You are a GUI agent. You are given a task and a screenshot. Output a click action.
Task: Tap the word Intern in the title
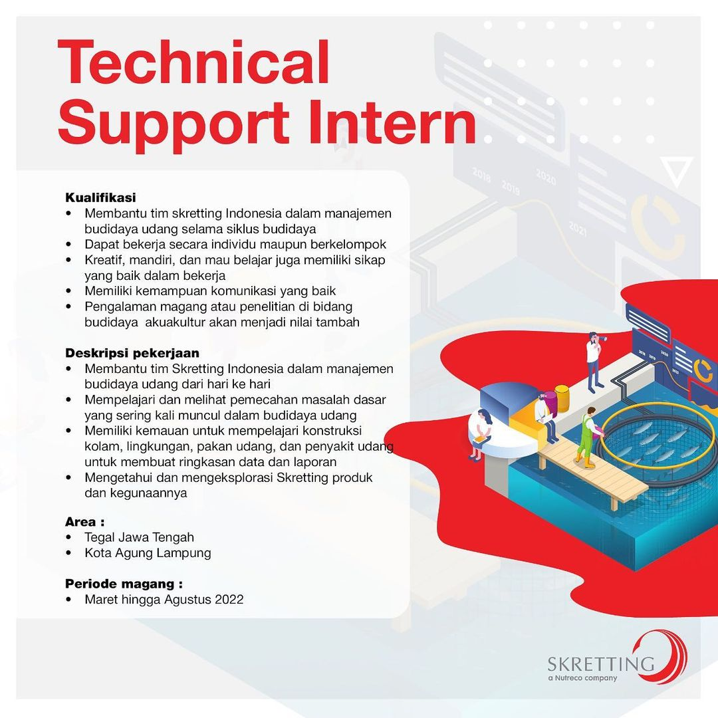pos(392,122)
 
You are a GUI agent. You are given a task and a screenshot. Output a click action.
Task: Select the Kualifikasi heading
pos(101,197)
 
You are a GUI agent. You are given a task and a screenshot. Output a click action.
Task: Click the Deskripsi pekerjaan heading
pos(132,353)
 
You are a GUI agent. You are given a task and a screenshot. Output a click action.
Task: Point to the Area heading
pos(84,522)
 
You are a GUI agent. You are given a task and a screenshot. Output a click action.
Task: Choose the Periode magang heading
pos(124,584)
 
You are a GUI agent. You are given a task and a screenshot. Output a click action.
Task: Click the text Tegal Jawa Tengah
pos(139,537)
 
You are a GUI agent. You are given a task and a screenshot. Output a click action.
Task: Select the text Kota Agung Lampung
pos(148,552)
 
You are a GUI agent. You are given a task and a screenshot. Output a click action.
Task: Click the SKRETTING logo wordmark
pos(601,663)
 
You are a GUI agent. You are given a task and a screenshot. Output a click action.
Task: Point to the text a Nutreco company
pos(582,678)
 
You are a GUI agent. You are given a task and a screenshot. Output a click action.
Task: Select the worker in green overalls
pos(587,437)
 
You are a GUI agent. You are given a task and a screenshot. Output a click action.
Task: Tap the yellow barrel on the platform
pos(562,398)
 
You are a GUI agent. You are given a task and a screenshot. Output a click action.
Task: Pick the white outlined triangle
pos(677,170)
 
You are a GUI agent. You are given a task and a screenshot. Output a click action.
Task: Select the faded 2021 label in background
pos(578,228)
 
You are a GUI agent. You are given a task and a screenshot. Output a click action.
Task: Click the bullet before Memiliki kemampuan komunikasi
pos(68,291)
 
